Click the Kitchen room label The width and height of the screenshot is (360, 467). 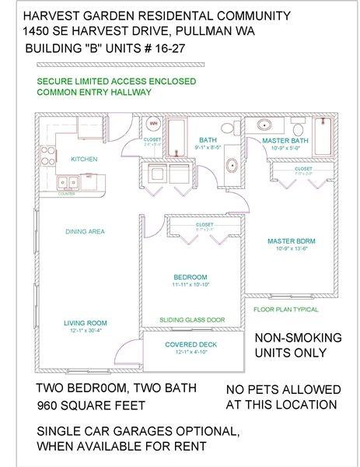(x=84, y=159)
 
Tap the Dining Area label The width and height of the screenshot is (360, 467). (x=85, y=231)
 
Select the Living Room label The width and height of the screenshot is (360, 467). (x=85, y=322)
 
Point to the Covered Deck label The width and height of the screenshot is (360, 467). (x=190, y=344)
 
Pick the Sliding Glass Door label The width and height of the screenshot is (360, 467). (x=192, y=320)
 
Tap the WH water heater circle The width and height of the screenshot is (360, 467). (x=152, y=124)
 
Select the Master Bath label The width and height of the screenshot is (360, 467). (x=286, y=140)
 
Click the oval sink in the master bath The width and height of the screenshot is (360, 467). (x=264, y=125)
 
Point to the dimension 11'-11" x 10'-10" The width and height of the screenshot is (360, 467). (x=190, y=285)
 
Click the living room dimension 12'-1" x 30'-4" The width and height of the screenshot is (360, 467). (x=85, y=331)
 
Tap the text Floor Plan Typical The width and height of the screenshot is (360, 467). (x=286, y=309)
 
